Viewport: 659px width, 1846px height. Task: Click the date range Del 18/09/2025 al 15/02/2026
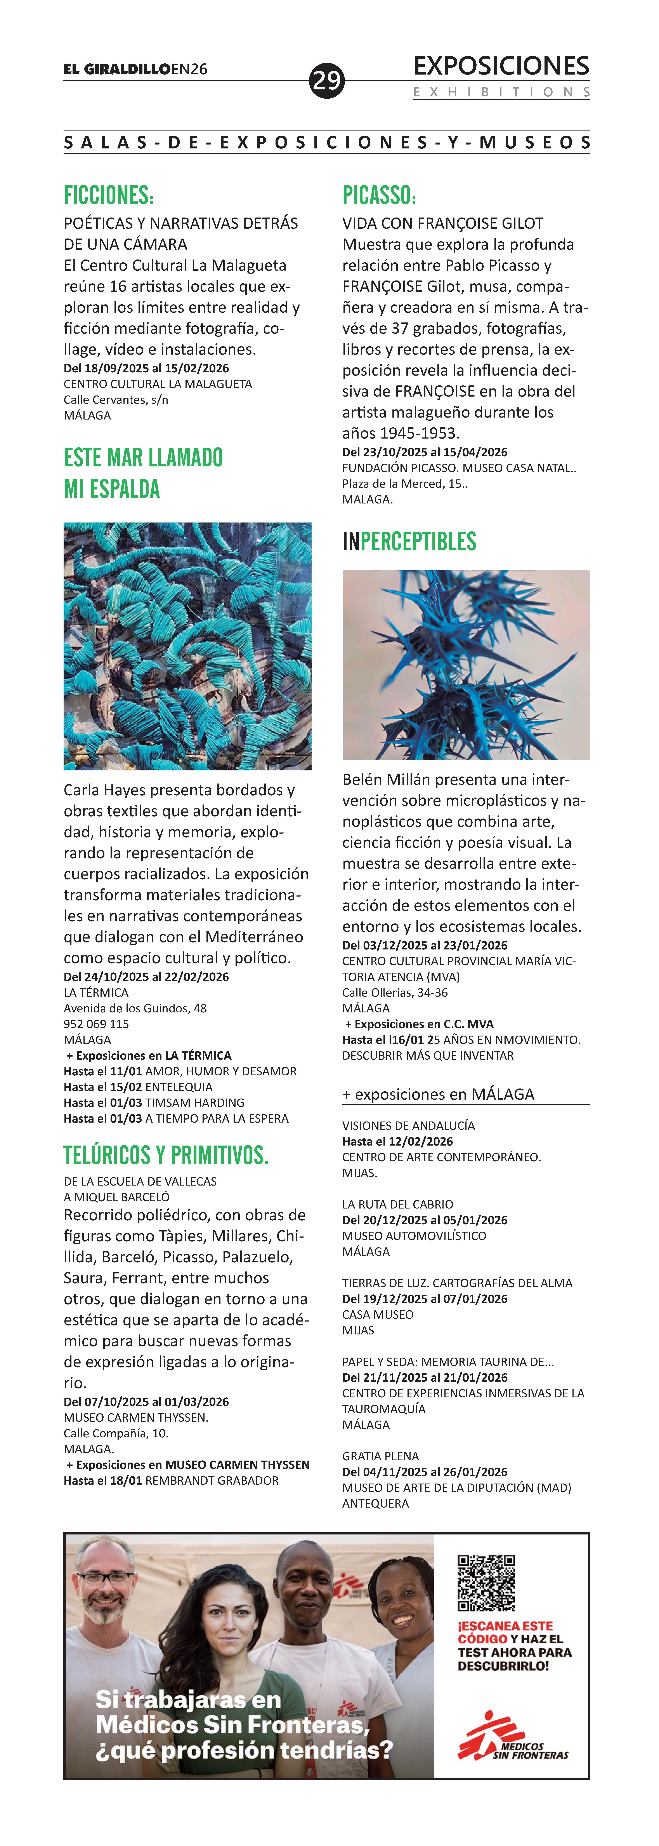[146, 368]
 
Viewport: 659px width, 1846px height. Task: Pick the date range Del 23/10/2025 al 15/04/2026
[425, 452]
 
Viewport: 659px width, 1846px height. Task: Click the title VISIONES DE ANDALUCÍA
[408, 1126]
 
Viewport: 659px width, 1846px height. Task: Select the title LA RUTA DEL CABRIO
[397, 1205]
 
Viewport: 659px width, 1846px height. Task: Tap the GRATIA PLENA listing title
[380, 1456]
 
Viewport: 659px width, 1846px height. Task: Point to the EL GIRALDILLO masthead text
[117, 70]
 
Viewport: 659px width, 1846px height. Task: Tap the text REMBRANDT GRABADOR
[212, 1480]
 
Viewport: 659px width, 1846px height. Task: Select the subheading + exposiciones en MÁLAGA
[438, 1094]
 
